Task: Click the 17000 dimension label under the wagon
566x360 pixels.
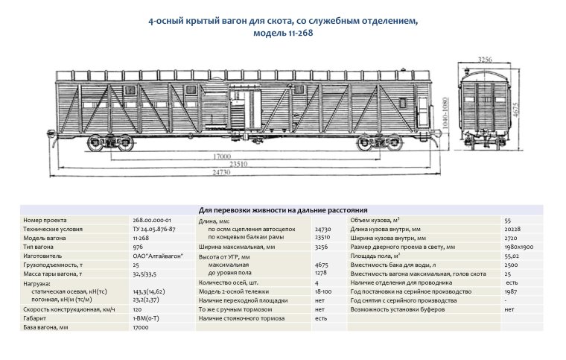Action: pyautogui.click(x=220, y=157)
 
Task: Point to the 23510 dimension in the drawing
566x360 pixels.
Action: pyautogui.click(x=238, y=164)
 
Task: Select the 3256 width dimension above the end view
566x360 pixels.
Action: pyautogui.click(x=486, y=57)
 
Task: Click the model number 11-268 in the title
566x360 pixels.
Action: pyautogui.click(x=296, y=34)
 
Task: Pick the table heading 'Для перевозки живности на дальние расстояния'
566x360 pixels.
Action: pyautogui.click(x=283, y=211)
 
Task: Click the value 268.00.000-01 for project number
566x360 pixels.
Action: pyautogui.click(x=153, y=221)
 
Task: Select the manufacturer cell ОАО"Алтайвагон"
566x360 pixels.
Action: pyautogui.click(x=158, y=255)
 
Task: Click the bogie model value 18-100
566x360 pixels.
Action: pyautogui.click(x=323, y=291)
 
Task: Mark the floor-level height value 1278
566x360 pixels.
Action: pyautogui.click(x=322, y=273)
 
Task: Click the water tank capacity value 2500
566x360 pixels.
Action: pyautogui.click(x=511, y=264)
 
